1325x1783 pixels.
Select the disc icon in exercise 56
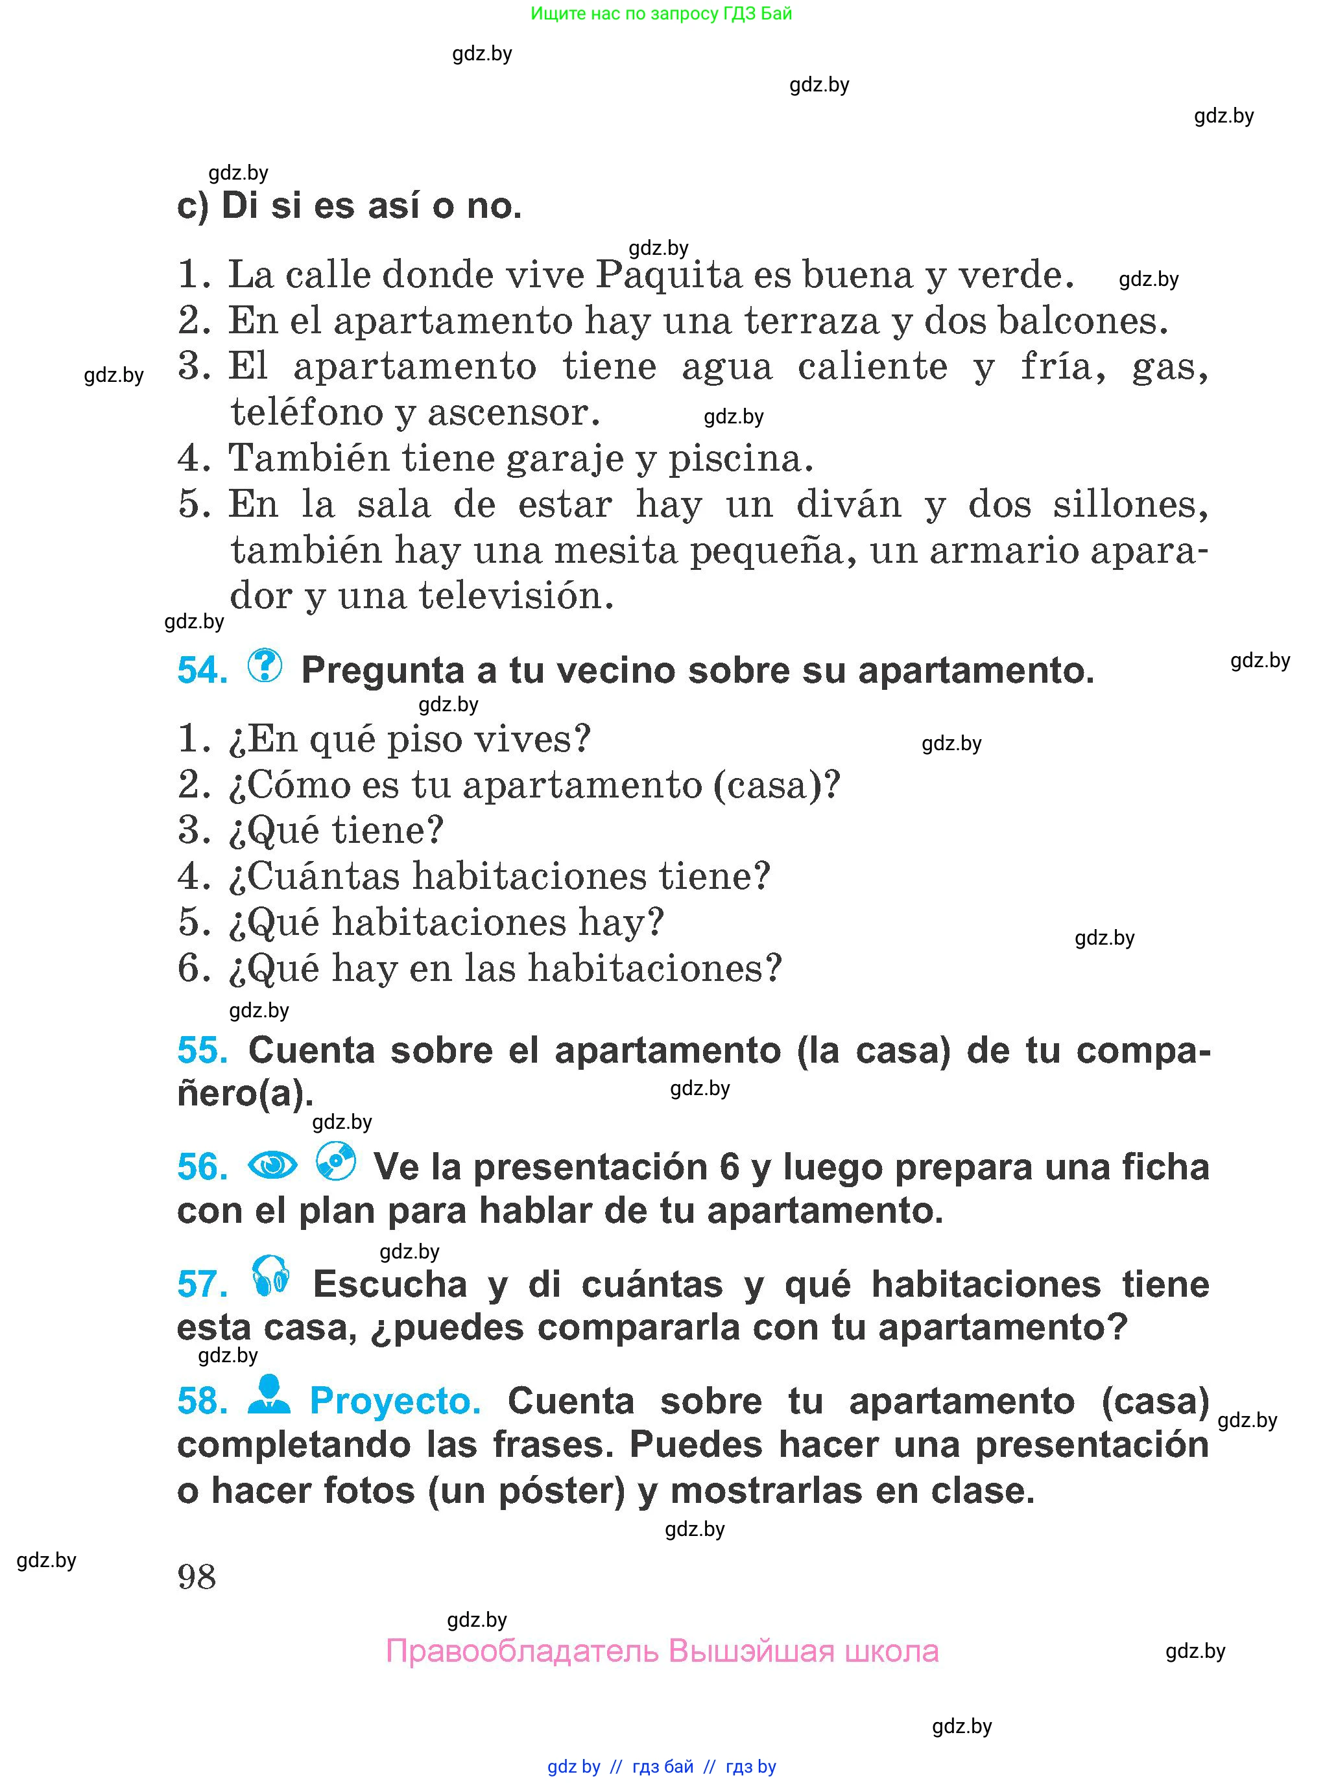click(335, 1161)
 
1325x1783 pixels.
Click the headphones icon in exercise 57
click(270, 1277)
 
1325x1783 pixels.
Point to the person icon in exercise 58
click(269, 1396)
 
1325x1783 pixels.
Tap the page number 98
click(197, 1577)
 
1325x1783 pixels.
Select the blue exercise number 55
click(202, 1050)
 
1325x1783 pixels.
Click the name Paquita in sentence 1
click(669, 275)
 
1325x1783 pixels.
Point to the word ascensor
click(513, 413)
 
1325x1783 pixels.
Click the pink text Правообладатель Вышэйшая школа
click(662, 1651)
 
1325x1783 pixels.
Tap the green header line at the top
click(661, 14)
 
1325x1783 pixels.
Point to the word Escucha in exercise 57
click(390, 1284)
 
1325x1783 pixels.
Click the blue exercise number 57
click(202, 1284)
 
